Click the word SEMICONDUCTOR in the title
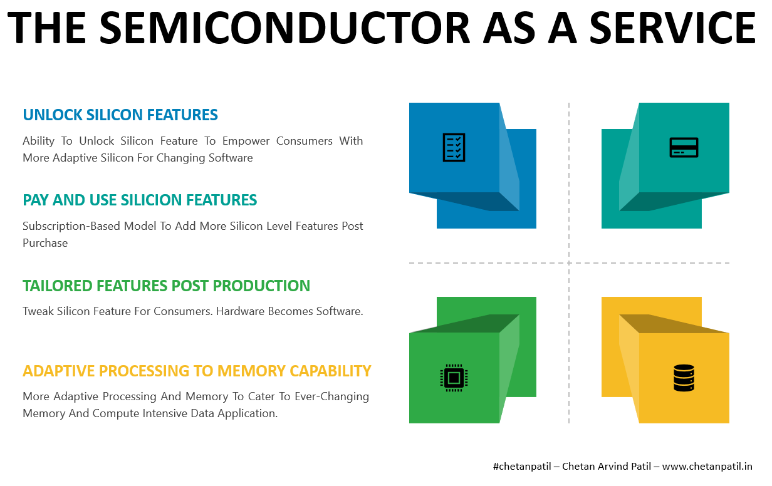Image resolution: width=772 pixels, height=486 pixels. pyautogui.click(x=284, y=28)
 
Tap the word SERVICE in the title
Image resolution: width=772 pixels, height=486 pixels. pyautogui.click(x=672, y=28)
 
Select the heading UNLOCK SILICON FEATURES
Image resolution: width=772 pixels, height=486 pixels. pyautogui.click(x=120, y=115)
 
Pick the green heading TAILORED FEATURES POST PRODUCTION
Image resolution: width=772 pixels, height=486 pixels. pyautogui.click(x=167, y=286)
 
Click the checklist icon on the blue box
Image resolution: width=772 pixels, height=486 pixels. pyautogui.click(x=454, y=147)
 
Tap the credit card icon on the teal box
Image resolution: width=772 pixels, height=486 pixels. pyautogui.click(x=684, y=147)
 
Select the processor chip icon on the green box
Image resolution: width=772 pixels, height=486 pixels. pyautogui.click(x=454, y=378)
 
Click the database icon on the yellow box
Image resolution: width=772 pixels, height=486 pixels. pyautogui.click(x=684, y=378)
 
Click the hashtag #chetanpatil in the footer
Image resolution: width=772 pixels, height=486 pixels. pyautogui.click(x=522, y=467)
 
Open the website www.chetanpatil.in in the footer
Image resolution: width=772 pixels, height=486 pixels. pyautogui.click(x=707, y=467)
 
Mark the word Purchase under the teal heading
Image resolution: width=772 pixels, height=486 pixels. pyautogui.click(x=45, y=243)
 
